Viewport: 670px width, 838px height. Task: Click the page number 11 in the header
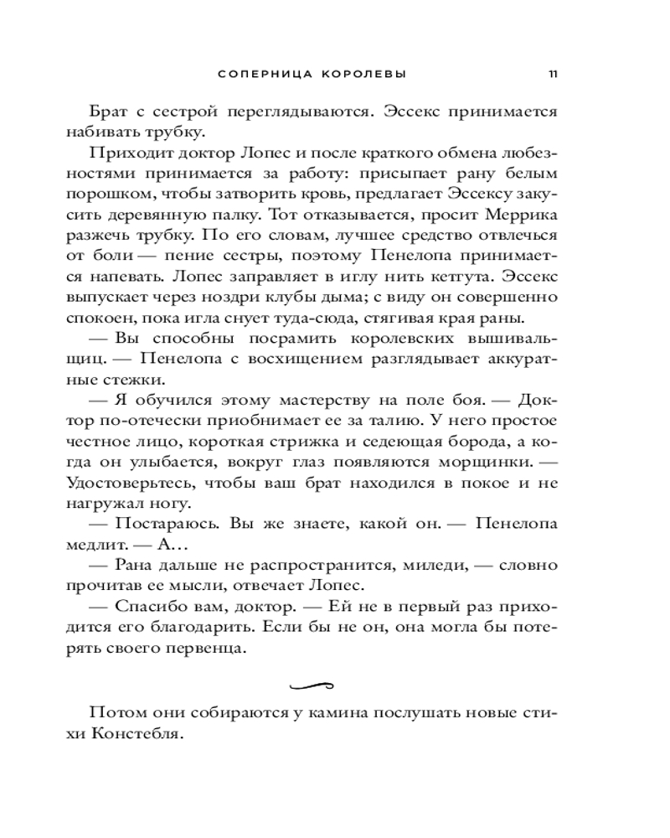[553, 74]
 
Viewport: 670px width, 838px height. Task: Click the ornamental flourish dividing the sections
[312, 686]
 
